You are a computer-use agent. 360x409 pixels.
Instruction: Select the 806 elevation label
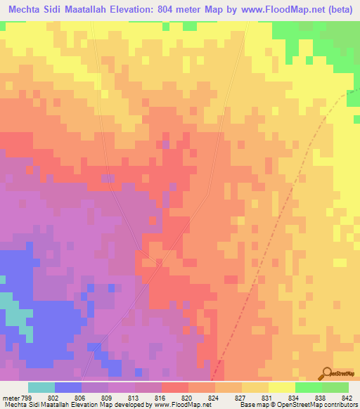coord(79,397)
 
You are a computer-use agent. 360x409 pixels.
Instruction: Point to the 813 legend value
coord(133,397)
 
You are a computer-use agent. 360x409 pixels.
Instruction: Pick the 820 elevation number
coord(186,397)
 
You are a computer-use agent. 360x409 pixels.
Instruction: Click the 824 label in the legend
coord(213,397)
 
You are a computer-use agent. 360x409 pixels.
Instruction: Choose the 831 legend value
coord(267,397)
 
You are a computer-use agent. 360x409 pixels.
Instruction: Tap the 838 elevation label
coord(321,397)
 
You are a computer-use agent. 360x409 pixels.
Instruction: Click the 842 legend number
coord(347,397)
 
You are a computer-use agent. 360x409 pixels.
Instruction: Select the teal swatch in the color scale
coord(41,387)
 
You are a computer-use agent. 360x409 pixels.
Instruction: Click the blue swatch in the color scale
coord(68,387)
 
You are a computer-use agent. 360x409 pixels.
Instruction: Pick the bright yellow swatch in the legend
coord(281,387)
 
